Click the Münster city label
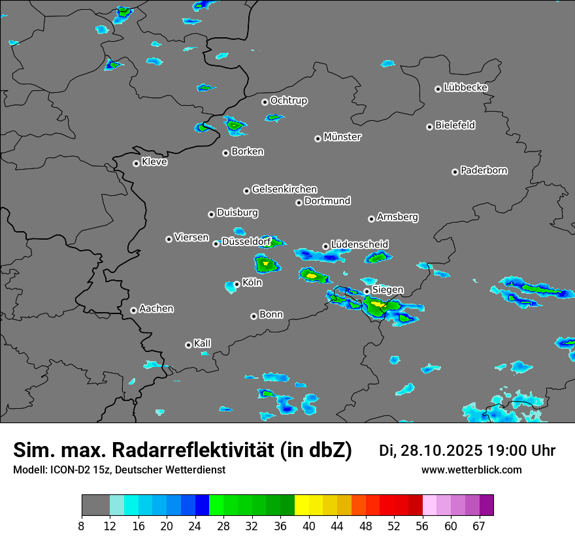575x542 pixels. coord(342,137)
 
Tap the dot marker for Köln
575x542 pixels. coord(237,284)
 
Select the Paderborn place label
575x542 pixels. coord(484,170)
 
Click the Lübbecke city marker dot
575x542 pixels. coord(438,89)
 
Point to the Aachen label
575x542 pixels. coord(156,309)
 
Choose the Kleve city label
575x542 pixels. coord(154,162)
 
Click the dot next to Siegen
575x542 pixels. coord(367,291)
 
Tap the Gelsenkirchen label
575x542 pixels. coord(284,189)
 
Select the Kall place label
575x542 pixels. coord(203,343)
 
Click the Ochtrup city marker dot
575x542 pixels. coord(265,102)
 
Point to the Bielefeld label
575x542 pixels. coord(455,125)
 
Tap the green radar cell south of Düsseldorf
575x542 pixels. coord(266,264)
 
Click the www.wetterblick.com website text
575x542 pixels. coord(471,470)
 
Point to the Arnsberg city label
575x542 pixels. coord(397,217)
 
